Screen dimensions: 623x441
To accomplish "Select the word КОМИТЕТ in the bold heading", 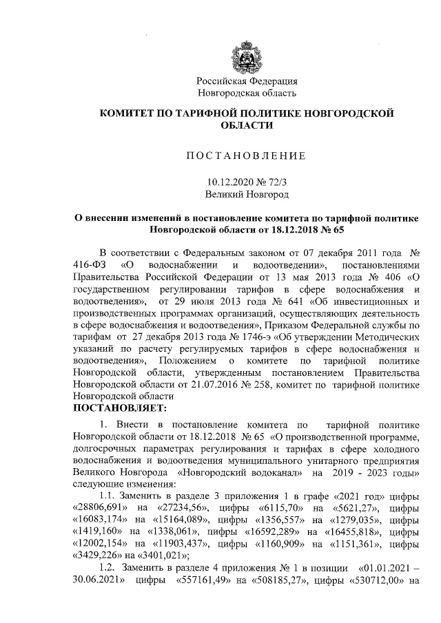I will pos(127,113).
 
